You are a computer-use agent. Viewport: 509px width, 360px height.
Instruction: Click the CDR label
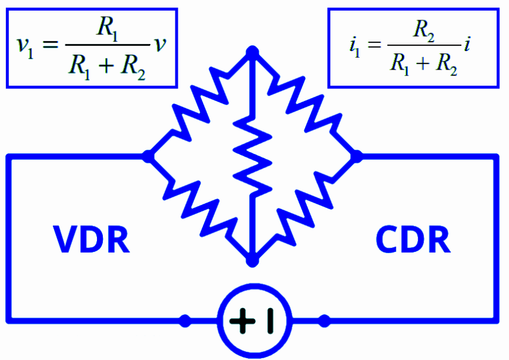(x=413, y=239)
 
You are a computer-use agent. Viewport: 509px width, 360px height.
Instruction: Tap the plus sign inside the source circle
(x=241, y=321)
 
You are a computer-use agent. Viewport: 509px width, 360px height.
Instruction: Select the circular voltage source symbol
(x=254, y=321)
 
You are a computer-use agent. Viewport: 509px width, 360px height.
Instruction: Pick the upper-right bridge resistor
(x=306, y=104)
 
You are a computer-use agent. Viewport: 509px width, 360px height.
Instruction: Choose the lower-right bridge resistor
(x=306, y=208)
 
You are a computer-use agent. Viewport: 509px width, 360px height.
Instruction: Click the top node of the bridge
(x=253, y=52)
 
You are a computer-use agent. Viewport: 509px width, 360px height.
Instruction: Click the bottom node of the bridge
(x=253, y=260)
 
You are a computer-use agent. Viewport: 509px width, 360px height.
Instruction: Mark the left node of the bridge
(x=147, y=156)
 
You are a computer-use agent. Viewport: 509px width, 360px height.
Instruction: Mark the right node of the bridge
(x=357, y=156)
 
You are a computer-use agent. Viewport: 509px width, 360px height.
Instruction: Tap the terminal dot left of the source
(x=185, y=321)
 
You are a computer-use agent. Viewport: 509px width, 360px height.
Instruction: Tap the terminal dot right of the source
(x=324, y=321)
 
